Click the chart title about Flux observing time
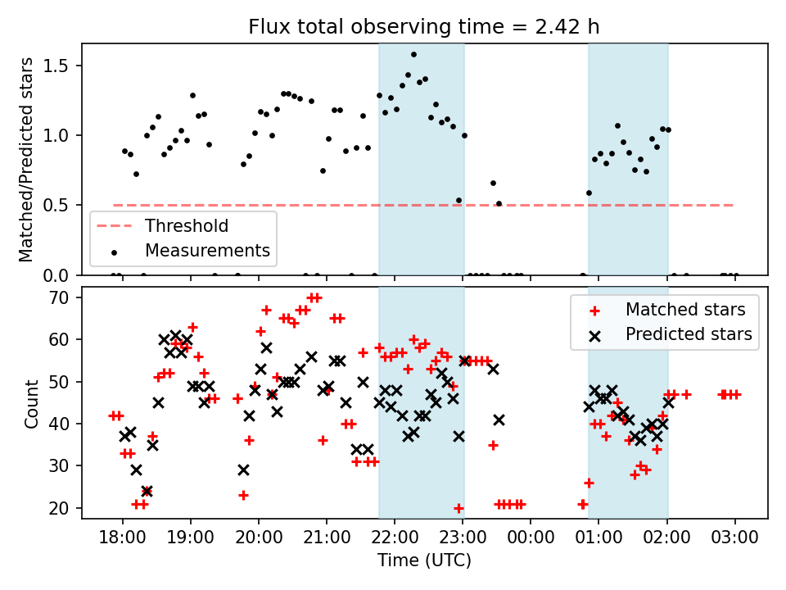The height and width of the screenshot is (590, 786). [424, 26]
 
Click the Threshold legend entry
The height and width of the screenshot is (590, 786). [187, 225]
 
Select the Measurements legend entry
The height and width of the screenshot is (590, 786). [207, 250]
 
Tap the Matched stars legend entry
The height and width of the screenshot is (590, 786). [685, 310]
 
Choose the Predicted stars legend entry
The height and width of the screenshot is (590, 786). [689, 334]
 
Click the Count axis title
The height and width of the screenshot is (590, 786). [31, 403]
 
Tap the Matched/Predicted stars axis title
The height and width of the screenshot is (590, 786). [26, 160]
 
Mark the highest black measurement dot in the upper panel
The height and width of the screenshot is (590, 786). [413, 55]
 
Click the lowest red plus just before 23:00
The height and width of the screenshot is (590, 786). [458, 508]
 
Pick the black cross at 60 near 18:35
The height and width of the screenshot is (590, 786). [165, 339]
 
